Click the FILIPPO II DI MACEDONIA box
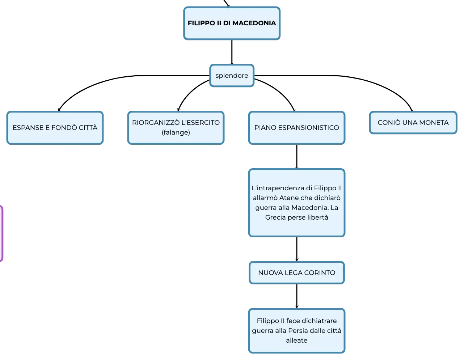coord(232,23)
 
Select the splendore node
coord(232,76)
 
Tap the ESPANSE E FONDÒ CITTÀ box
coord(55,128)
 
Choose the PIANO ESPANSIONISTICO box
coord(296,128)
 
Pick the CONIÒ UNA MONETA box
coord(413,123)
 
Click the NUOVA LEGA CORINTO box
coord(296,272)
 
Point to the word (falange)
coord(176,132)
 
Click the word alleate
coord(296,340)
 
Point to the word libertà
coord(317,217)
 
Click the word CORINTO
coord(320,272)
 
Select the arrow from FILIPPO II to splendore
coord(232,52)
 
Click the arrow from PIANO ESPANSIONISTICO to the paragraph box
coord(296,156)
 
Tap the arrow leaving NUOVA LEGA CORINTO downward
coord(296,296)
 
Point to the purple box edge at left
coord(2,233)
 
